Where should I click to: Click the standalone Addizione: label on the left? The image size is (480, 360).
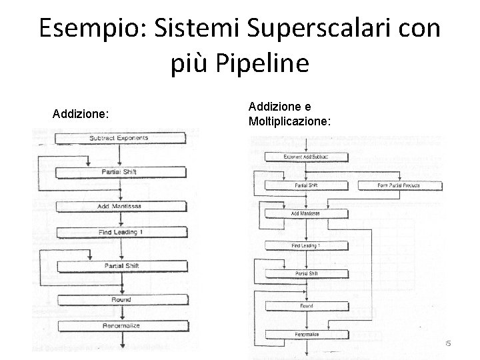click(80, 115)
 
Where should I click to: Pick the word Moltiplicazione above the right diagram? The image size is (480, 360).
click(289, 122)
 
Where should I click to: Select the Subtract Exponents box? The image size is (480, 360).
click(119, 139)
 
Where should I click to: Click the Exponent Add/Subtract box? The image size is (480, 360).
click(306, 156)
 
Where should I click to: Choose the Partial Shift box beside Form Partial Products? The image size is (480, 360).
click(306, 185)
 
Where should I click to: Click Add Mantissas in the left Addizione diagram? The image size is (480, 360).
click(119, 207)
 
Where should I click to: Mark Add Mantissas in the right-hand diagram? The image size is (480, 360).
click(306, 213)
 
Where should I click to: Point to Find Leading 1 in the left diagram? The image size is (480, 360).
click(119, 232)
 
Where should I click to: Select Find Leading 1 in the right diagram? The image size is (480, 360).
click(306, 246)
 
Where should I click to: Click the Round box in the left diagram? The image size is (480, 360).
click(121, 300)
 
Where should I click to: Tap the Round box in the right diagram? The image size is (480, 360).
click(306, 305)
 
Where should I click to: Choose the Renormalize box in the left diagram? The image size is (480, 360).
click(121, 326)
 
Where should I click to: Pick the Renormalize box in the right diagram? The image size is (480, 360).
click(306, 334)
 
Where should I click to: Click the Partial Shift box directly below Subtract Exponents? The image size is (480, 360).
click(119, 172)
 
